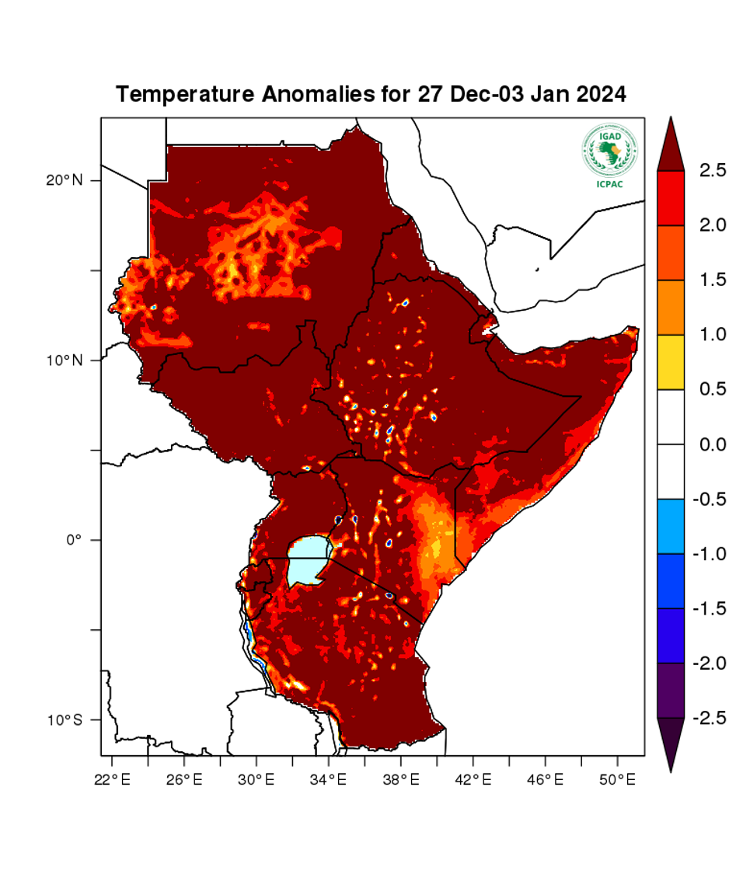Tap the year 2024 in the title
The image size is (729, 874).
(x=598, y=95)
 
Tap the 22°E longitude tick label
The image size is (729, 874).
(x=111, y=778)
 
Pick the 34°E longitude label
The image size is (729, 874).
(x=328, y=778)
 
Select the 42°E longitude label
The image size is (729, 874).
(x=473, y=778)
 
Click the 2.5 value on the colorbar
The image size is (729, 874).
(x=702, y=169)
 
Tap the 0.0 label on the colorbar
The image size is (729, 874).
(x=702, y=444)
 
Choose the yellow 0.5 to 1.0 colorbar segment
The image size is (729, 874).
(x=671, y=362)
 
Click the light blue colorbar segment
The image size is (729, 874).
(x=671, y=526)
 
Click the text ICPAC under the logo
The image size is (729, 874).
(x=609, y=183)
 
